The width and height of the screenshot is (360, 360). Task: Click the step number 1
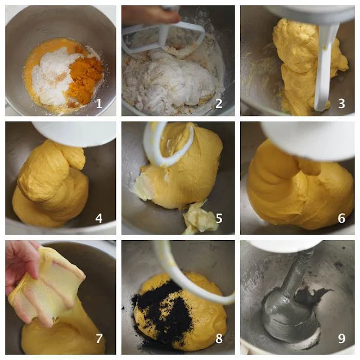tap(99, 103)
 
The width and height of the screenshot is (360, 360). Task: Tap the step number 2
tap(219, 103)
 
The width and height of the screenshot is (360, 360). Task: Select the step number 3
tap(341, 103)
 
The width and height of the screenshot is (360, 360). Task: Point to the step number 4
tap(99, 218)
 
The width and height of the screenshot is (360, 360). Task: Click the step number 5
tap(219, 218)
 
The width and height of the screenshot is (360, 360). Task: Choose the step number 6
tap(341, 218)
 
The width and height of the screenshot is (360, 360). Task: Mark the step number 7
tap(99, 338)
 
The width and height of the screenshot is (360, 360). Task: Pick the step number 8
tap(219, 338)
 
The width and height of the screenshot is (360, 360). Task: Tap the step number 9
tap(341, 338)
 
